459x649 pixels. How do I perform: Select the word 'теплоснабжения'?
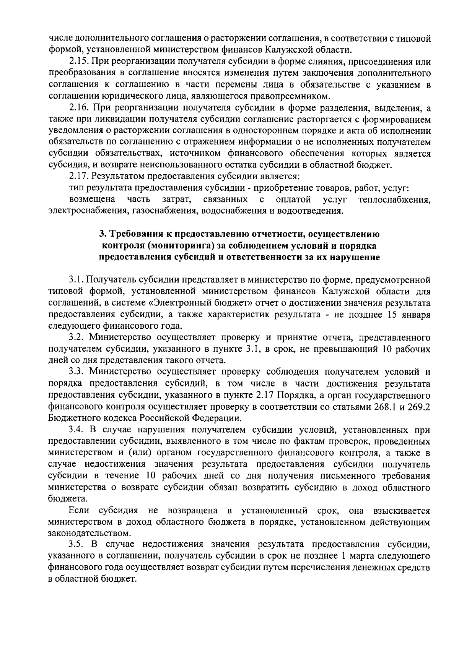394,200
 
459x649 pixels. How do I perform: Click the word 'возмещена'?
93,200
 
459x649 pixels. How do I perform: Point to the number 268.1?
384,407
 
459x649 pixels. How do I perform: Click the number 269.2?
420,407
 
